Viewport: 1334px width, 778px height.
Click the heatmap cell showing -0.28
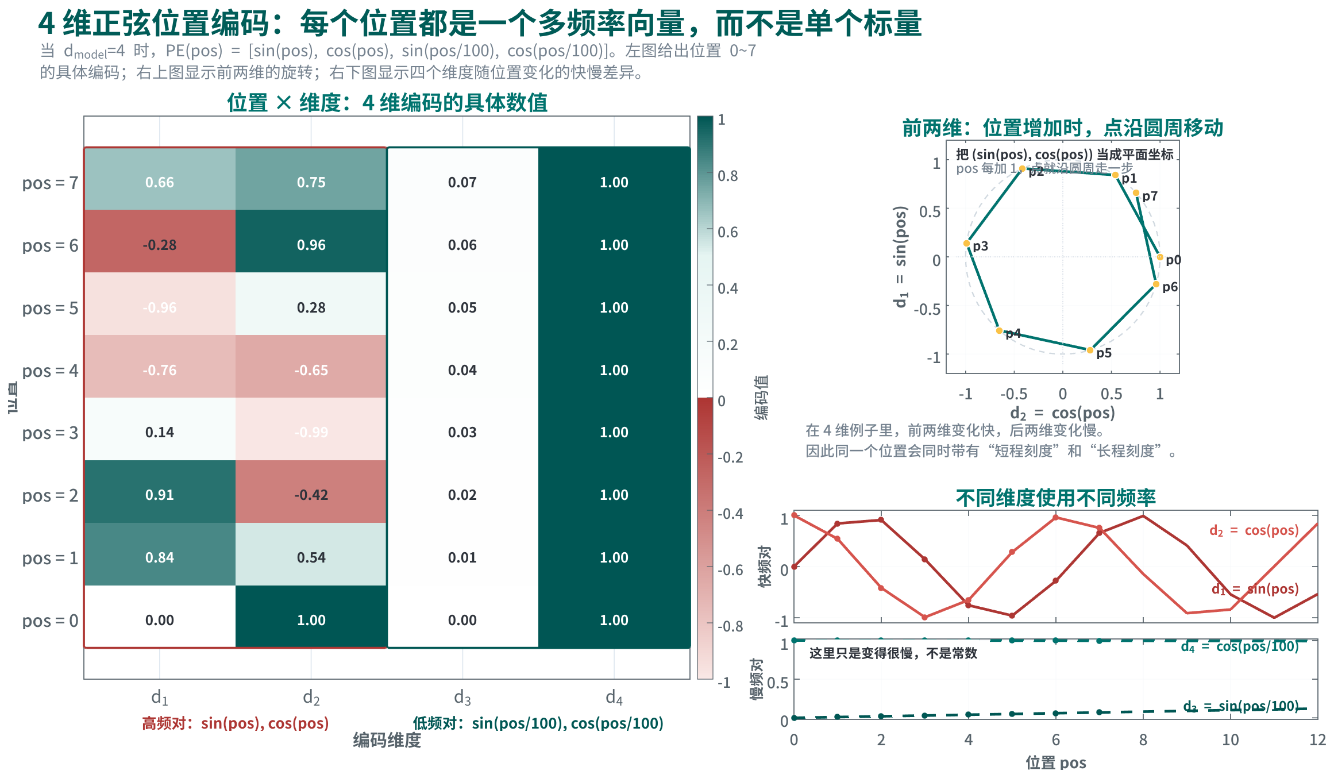point(160,245)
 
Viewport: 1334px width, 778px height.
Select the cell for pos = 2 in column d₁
point(160,495)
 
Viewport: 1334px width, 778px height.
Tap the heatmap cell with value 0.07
point(462,183)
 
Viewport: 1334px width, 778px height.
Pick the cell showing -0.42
point(311,495)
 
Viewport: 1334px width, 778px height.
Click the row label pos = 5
point(50,309)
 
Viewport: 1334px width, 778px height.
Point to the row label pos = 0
point(50,621)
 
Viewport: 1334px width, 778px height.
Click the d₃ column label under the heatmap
point(462,698)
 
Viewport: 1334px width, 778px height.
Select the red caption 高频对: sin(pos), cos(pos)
point(236,723)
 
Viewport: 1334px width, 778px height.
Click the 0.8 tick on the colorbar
point(728,176)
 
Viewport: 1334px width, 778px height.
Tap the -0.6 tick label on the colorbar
point(730,570)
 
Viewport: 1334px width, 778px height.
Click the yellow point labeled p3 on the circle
point(967,244)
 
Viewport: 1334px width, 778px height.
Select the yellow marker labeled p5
point(1090,350)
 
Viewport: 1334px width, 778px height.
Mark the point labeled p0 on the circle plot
point(1160,257)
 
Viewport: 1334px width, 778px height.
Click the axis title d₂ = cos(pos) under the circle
point(1062,413)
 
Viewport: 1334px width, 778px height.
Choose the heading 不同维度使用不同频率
point(1056,498)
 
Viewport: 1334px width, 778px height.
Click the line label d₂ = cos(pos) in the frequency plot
point(1254,530)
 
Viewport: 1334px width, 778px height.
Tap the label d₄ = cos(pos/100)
point(1240,647)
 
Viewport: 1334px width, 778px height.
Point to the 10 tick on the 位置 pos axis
point(1230,740)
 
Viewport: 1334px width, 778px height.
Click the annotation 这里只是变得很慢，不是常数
point(893,653)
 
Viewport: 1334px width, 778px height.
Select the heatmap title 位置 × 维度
point(387,103)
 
